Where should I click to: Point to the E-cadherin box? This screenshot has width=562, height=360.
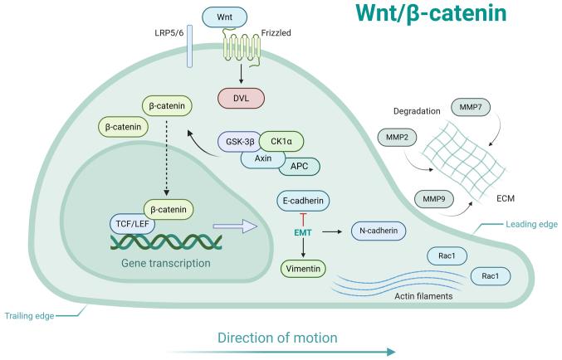pos(303,201)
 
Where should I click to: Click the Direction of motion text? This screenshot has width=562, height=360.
pos(277,338)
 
